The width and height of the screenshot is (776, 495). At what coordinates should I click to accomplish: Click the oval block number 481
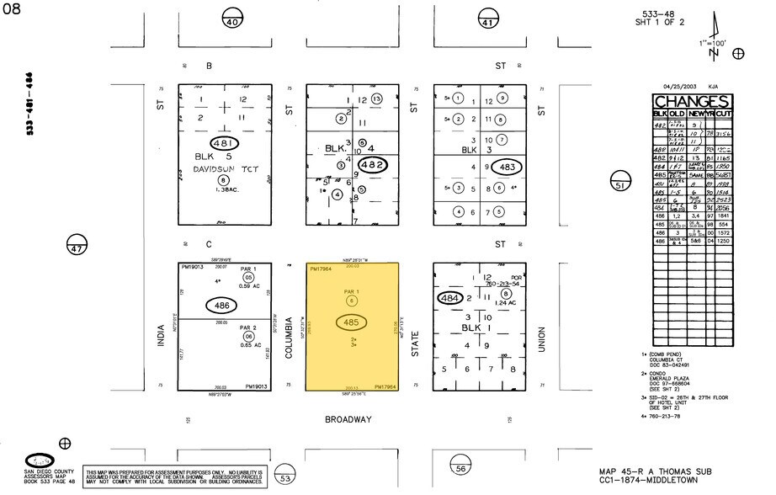coord(223,143)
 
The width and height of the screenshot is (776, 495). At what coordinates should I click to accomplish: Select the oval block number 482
coord(372,164)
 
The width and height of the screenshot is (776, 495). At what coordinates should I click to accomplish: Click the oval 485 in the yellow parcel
coord(352,322)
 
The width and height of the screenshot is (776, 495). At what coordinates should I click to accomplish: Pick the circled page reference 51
coord(621,184)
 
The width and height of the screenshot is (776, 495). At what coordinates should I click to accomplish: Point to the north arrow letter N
coord(714,54)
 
